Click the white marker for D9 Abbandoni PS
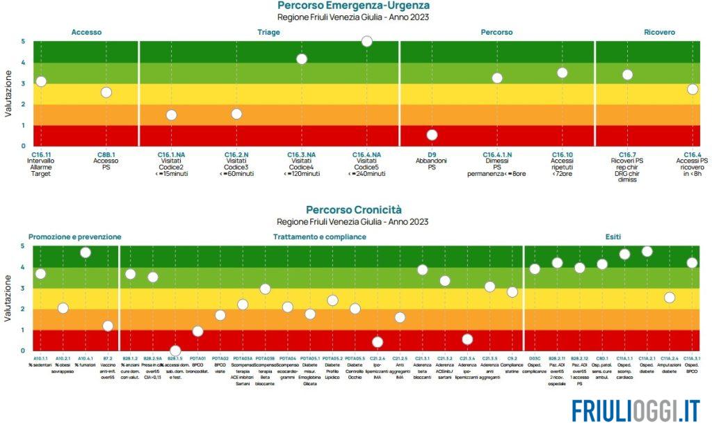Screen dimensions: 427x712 pos(432,135)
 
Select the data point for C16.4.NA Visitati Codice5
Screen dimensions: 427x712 pos(367,42)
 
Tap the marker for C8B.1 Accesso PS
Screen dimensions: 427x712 pos(106,92)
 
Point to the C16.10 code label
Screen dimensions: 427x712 pos(563,154)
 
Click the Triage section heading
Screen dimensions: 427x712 pos(269,32)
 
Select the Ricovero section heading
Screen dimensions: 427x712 pos(659,32)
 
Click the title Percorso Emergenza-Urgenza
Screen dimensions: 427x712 pos(358,6)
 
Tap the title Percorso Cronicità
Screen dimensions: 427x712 pos(353,209)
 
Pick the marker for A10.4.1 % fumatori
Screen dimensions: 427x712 pos(86,252)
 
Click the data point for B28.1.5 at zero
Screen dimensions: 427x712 pos(175,351)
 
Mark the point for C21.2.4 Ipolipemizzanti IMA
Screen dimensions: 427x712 pos(378,342)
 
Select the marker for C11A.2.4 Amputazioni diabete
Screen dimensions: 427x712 pos(670,298)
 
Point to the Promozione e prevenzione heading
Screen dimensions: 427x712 pos(75,236)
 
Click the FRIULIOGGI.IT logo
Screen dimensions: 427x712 pos(637,410)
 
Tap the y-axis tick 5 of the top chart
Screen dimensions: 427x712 pos(23,42)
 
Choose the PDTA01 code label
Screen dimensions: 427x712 pos(197,358)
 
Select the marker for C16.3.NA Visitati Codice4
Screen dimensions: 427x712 pos(302,59)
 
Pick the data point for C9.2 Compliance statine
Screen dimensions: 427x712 pos(512,292)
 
